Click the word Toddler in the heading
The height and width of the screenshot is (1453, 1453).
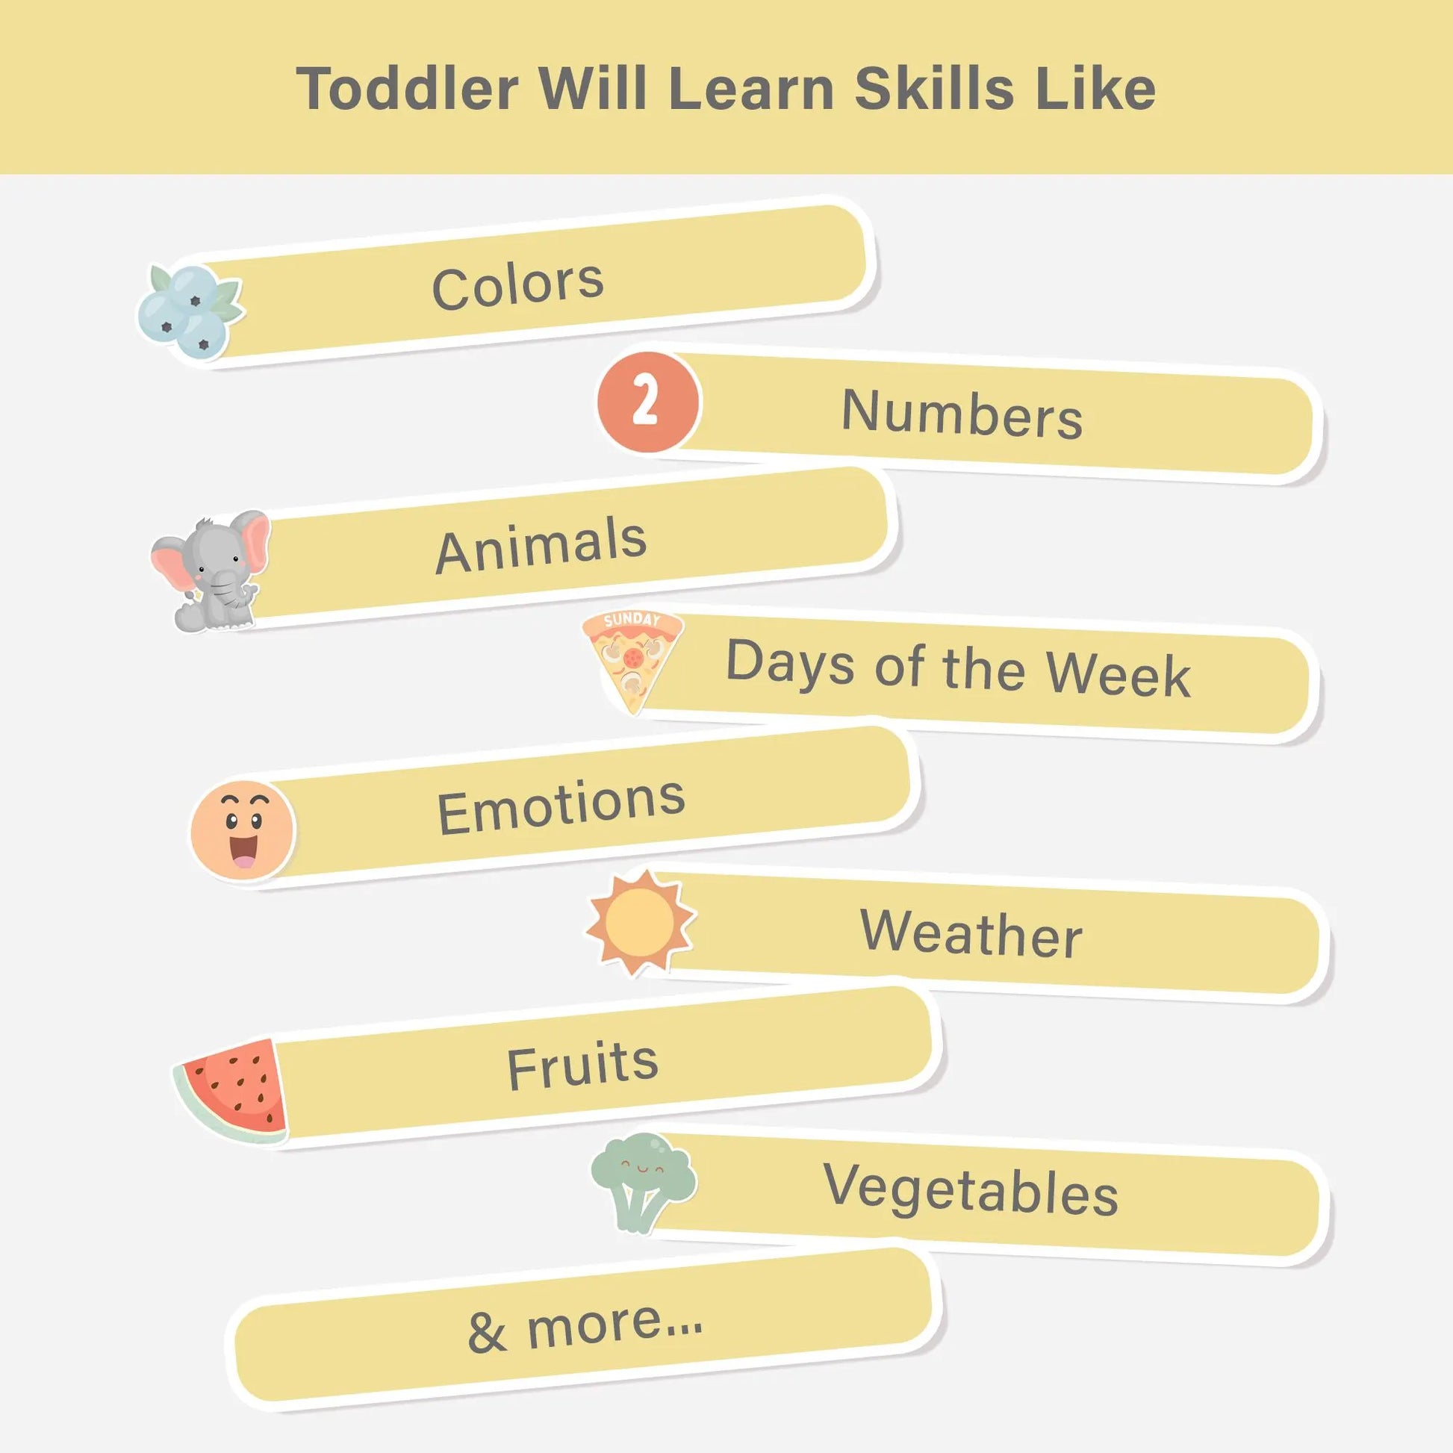(408, 88)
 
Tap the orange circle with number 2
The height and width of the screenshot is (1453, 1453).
(648, 402)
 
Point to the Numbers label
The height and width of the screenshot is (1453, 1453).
(962, 414)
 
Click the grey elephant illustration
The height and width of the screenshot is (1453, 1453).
(211, 570)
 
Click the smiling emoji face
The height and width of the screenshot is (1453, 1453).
(242, 830)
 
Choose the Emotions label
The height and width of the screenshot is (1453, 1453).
(561, 806)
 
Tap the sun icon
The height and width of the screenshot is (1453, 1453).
(641, 923)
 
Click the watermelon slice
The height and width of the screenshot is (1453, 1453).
(233, 1092)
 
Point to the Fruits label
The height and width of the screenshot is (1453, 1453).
(582, 1065)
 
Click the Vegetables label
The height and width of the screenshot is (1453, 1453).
(971, 1192)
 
